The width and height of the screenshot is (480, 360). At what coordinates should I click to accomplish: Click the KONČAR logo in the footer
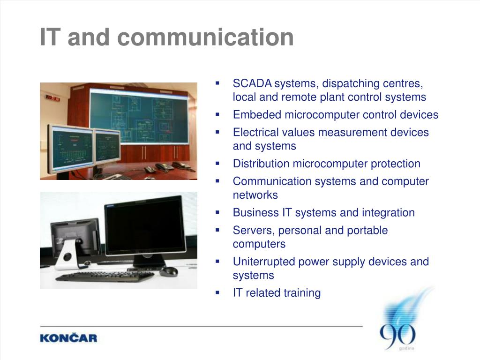coord(68,338)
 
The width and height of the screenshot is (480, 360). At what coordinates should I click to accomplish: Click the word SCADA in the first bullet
coord(252,83)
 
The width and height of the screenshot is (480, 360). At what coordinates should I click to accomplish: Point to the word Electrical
coord(255,132)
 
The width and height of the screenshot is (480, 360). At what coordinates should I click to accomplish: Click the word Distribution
coord(261,164)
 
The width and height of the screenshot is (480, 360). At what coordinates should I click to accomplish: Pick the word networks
coord(255,195)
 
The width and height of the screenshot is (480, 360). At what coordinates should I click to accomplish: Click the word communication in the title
coord(205,37)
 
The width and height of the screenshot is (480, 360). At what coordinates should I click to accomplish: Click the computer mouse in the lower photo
coord(169,271)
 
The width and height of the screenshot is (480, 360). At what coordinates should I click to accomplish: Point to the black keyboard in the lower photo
coord(105,277)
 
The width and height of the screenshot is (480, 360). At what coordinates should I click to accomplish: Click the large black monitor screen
coord(144,228)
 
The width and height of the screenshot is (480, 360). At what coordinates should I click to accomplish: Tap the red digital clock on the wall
coord(53,98)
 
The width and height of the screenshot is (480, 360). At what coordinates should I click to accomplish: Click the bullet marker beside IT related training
coord(217,292)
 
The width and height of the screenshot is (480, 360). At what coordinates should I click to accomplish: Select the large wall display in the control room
coord(139,116)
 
